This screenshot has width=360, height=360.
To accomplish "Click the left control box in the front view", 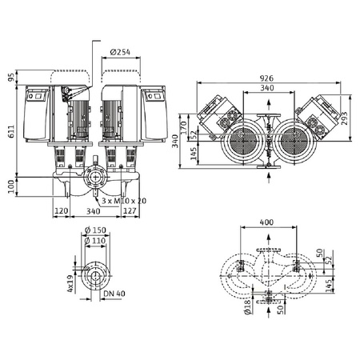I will click(39, 111).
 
